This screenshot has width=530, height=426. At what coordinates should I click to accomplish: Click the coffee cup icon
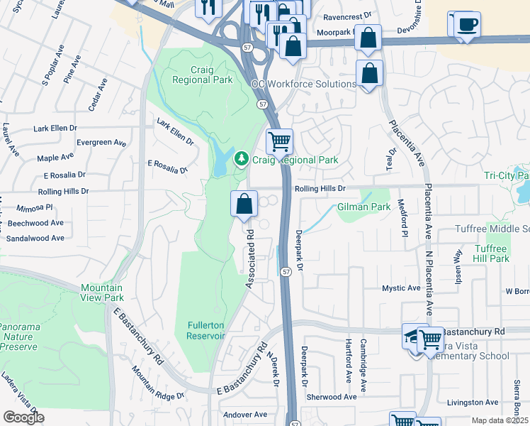[x=466, y=24]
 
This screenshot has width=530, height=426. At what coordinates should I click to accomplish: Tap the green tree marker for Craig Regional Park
[x=242, y=157]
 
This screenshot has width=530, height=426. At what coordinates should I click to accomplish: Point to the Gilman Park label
[x=364, y=207]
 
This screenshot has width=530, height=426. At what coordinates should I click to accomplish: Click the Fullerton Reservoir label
[x=205, y=331]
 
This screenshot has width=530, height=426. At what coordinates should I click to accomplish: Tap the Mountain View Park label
[x=103, y=293]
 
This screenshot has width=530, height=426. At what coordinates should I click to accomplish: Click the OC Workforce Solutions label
[x=304, y=84]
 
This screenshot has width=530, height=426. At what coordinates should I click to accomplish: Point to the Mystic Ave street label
[x=402, y=288]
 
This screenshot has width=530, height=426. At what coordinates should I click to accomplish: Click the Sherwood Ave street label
[x=332, y=397]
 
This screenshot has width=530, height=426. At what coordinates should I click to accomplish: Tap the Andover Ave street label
[x=244, y=414]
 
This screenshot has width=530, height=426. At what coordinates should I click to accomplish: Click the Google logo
[x=23, y=417]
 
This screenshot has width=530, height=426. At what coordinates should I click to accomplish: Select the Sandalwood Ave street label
[x=35, y=239]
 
